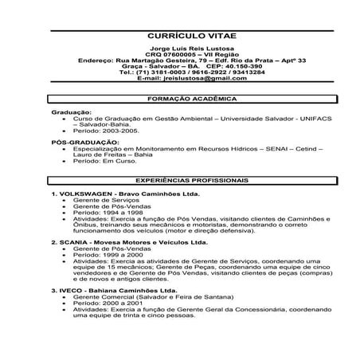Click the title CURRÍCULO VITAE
192,36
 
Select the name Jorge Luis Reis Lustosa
191,49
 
